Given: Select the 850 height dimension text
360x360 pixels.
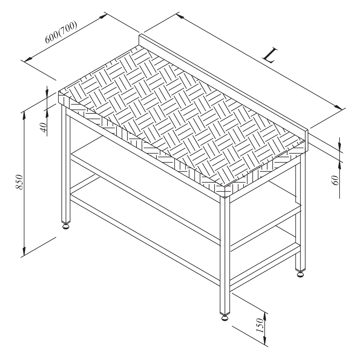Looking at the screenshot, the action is point(19,182).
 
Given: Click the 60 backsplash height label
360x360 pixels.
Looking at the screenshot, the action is point(336,180).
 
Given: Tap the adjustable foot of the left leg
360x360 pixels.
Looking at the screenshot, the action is point(66,226).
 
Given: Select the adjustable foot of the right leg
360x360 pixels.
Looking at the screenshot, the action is point(300,275).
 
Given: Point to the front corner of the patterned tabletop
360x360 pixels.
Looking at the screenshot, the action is point(225,187).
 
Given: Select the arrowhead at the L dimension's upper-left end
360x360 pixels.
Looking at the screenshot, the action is point(180,16).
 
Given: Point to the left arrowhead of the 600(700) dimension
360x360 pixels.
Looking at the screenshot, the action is point(28,59).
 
